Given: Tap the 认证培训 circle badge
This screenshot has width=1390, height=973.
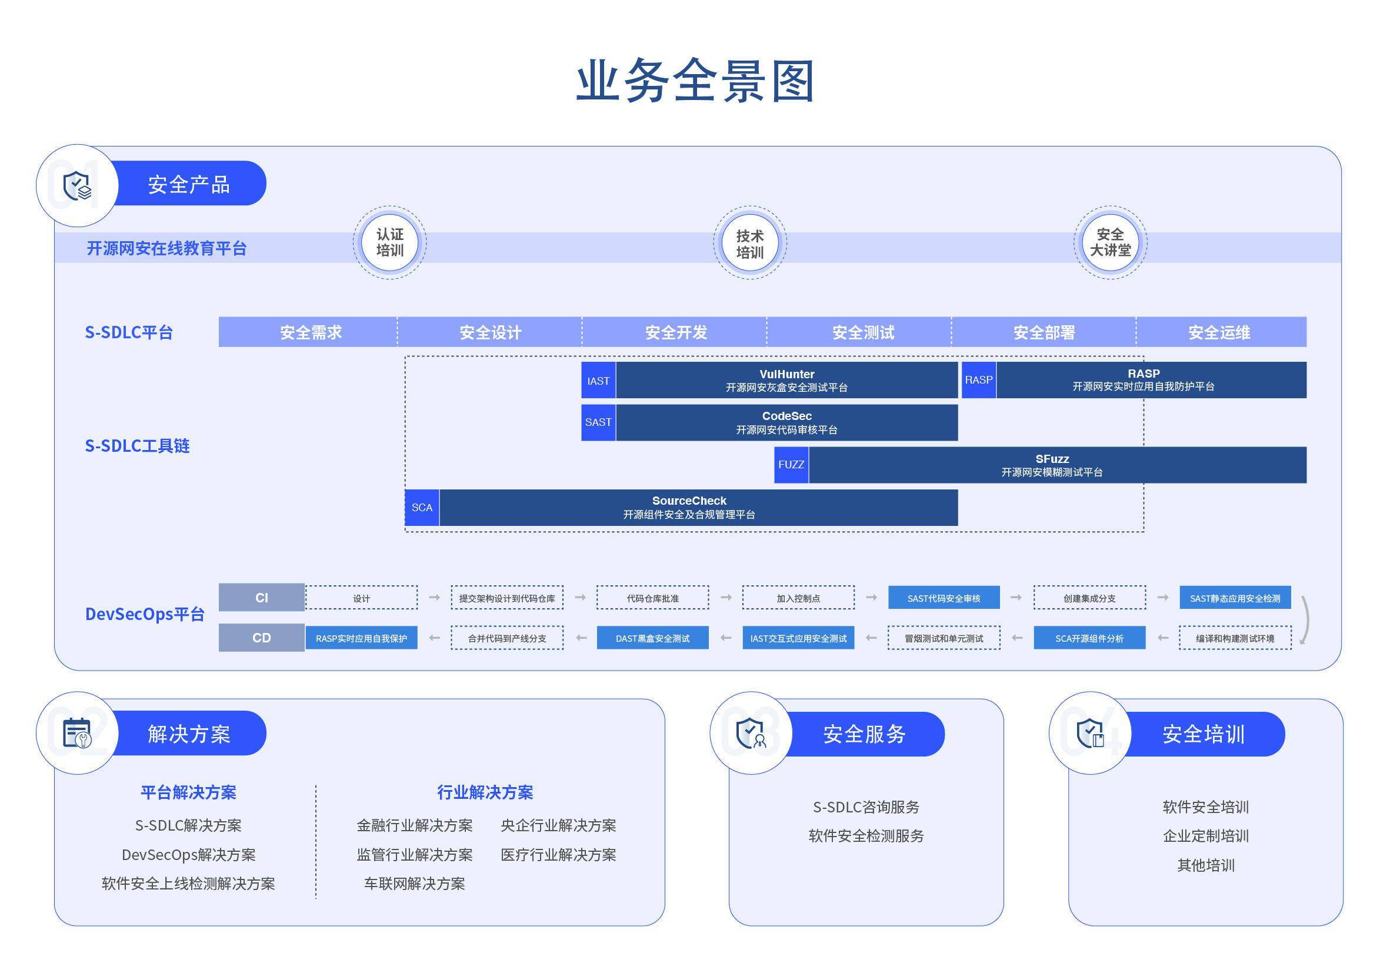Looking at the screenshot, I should [x=389, y=242].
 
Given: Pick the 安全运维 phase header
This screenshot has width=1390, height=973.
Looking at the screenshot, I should [x=1219, y=332].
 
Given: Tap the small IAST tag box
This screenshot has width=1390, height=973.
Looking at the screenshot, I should [x=598, y=381].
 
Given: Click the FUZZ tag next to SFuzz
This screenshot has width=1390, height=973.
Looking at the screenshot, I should [x=791, y=465].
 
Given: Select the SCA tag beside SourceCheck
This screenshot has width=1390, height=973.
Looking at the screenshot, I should [x=422, y=508].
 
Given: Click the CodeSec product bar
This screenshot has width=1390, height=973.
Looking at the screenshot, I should [x=786, y=422].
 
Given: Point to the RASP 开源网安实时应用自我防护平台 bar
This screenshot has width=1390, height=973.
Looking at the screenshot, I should [x=1150, y=380].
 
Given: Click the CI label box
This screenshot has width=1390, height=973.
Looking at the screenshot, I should [x=262, y=598].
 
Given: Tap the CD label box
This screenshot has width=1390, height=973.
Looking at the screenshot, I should [x=262, y=638].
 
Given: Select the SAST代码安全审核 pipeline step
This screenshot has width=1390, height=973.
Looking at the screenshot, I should [x=943, y=598].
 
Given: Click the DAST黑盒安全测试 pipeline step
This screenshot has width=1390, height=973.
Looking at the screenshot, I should [x=652, y=638].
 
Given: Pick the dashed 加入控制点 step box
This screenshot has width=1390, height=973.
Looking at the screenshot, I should [x=798, y=598].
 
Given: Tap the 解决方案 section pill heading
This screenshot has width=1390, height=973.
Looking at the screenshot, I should [x=189, y=734].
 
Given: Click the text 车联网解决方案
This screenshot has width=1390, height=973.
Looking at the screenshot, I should [x=414, y=884].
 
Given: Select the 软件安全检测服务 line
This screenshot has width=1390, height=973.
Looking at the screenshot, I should [x=866, y=836].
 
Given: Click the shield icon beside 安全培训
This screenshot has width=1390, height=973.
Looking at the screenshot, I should [x=1090, y=733].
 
